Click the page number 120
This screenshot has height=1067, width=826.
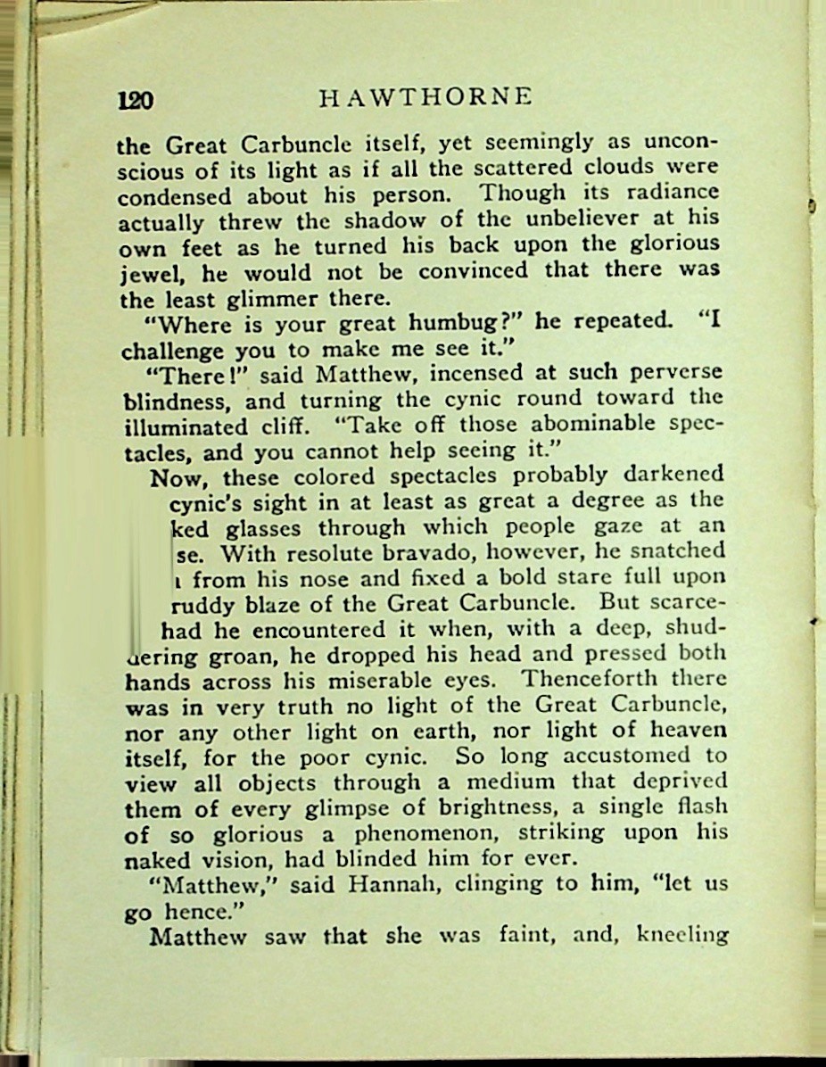(136, 100)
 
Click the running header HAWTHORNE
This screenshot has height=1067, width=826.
(425, 96)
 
